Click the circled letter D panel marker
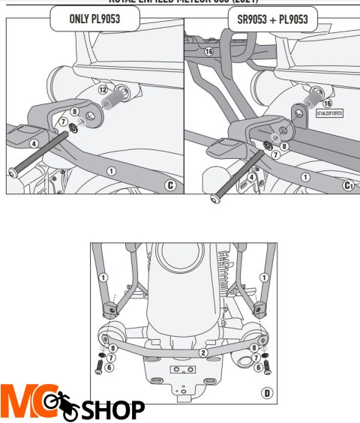tap(267, 392)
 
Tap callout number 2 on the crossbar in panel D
tap(202, 352)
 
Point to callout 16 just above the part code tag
tap(327, 103)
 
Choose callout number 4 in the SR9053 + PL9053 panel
tap(251, 178)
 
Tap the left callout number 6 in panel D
tap(109, 367)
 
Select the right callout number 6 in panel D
tap(258, 367)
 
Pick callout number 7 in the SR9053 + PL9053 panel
tap(275, 154)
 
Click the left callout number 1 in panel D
tap(105, 277)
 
